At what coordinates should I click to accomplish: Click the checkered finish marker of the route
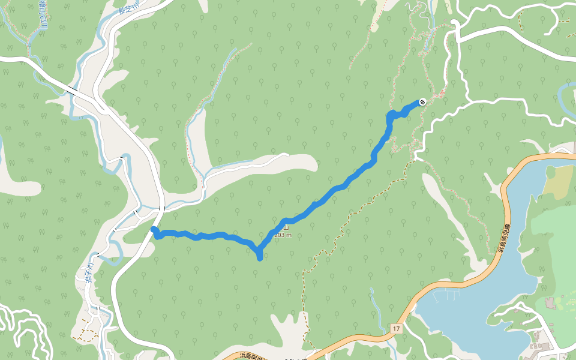point(422,101)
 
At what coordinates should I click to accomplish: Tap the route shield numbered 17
point(397,329)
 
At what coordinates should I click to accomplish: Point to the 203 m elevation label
point(283,235)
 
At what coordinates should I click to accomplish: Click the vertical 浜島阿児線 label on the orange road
point(505,239)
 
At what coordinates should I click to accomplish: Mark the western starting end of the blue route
point(154,230)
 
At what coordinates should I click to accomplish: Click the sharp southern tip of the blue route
point(259,257)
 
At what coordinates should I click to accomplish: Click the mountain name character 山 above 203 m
point(286,227)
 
